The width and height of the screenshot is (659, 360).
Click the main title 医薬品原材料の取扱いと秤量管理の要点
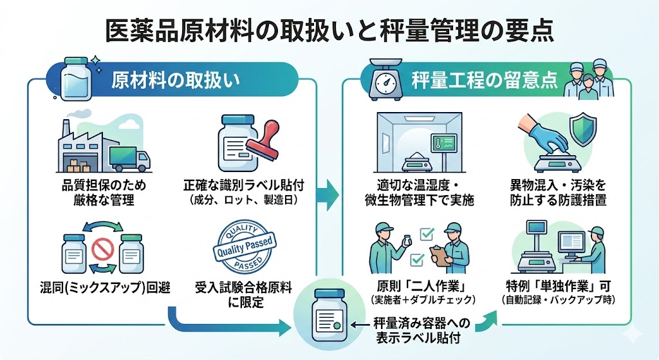[329, 30]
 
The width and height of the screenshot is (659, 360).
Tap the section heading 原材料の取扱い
[175, 80]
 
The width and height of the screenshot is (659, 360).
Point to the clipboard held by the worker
[441, 256]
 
